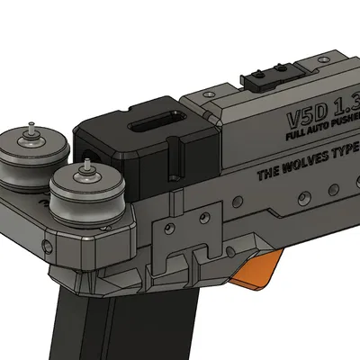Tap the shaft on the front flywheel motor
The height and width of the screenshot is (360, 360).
tap(87, 166)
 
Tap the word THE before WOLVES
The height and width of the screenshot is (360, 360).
tap(266, 173)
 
